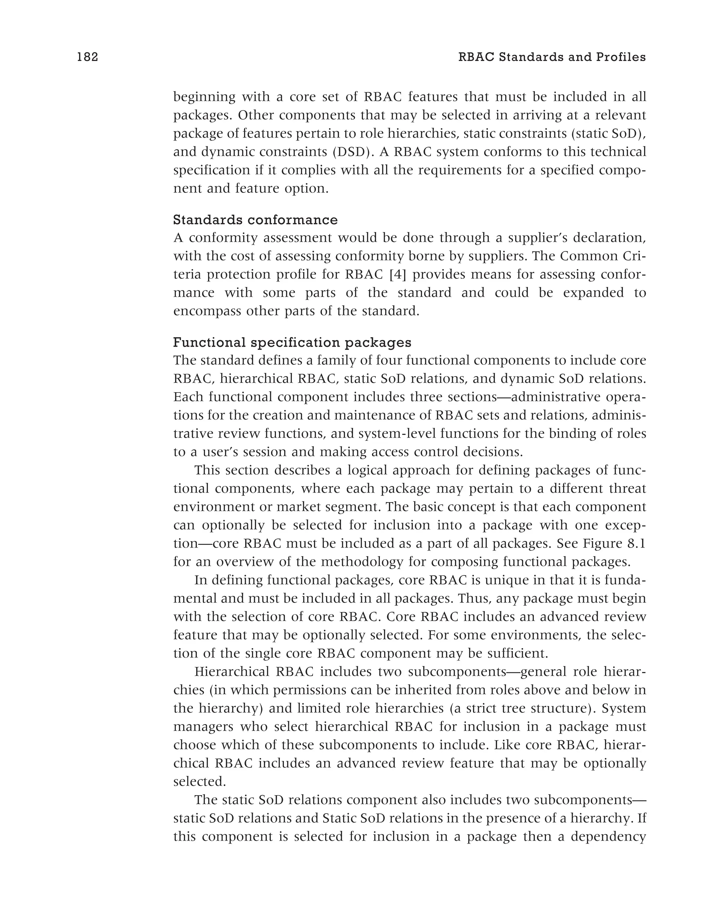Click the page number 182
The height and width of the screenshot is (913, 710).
click(x=87, y=57)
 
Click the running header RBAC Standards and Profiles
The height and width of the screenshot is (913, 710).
click(x=552, y=57)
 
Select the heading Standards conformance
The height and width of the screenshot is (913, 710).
click(x=256, y=219)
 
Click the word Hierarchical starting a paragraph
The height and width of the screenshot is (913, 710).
click(x=232, y=672)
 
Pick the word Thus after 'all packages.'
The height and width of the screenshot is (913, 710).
click(x=475, y=598)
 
